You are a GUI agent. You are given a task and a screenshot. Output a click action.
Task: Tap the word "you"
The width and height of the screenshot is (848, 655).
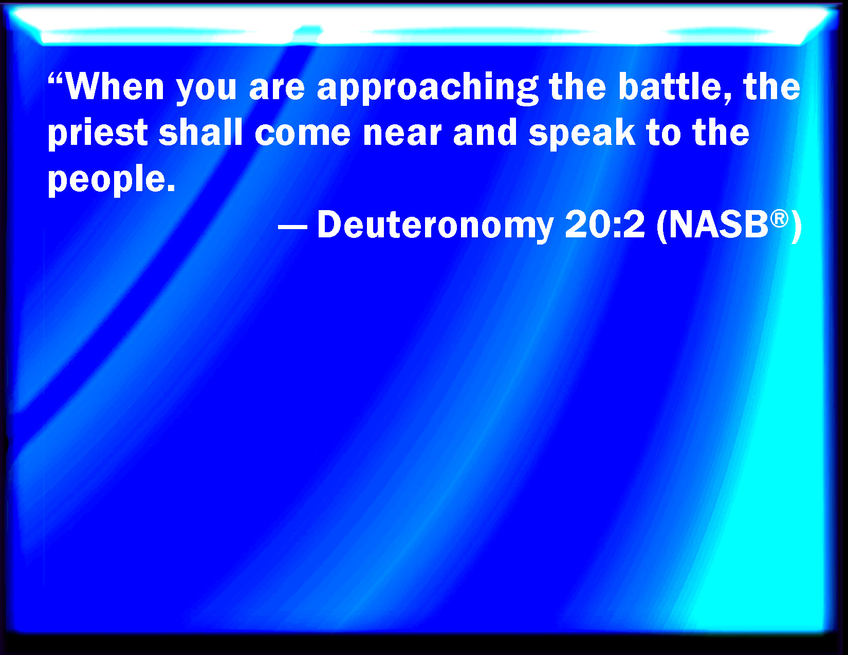coord(207,90)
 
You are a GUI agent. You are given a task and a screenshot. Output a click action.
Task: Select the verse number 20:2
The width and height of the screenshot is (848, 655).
coord(605,224)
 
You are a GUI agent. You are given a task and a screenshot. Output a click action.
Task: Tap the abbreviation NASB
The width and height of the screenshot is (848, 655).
coord(718,224)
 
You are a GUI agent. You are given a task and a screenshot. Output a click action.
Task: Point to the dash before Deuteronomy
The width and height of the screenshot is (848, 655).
coord(292,227)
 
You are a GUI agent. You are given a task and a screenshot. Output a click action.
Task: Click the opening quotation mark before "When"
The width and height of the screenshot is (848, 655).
coord(56,79)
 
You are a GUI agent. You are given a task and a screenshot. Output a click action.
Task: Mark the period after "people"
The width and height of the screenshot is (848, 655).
coord(171,189)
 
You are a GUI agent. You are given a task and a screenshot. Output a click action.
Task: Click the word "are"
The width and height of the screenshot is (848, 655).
coord(276,90)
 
